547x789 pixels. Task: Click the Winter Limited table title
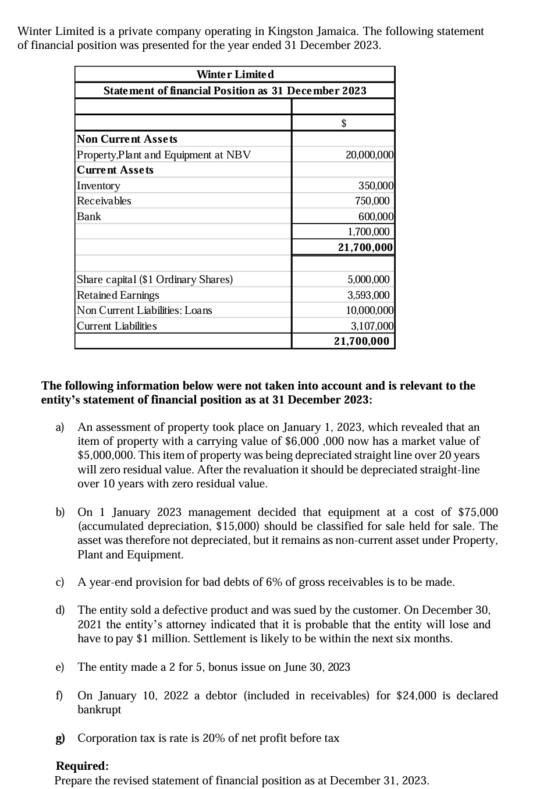point(235,75)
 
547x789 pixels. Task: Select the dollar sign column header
point(343,123)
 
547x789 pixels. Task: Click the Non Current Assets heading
point(127,139)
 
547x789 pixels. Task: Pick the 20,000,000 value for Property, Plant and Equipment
point(370,155)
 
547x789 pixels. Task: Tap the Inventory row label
point(99,186)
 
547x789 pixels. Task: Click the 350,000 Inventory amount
point(376,186)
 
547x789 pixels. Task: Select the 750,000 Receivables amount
point(372,201)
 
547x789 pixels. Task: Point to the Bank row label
point(89,217)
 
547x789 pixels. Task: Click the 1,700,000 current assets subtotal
point(368,232)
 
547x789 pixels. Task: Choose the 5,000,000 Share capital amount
point(368,279)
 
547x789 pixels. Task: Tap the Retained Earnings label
point(118,295)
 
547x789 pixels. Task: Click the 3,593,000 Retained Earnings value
point(368,295)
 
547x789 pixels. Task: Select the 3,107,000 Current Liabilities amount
point(372,326)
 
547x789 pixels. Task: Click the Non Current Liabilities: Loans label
point(145,310)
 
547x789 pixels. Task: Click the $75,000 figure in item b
point(478,512)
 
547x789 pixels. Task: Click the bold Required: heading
point(82,766)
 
